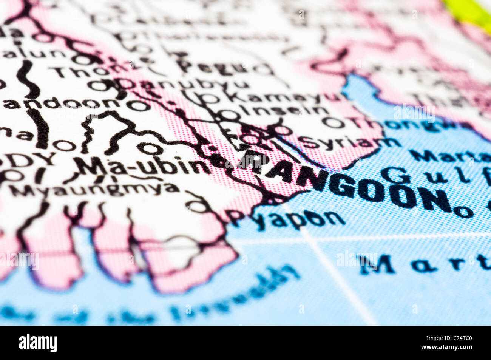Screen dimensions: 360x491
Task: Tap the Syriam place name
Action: coord(349,143)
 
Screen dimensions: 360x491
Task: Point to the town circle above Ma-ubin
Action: coord(150,149)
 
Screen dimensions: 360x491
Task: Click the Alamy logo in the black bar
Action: coord(38,343)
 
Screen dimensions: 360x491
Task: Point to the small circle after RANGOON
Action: coord(463,212)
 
